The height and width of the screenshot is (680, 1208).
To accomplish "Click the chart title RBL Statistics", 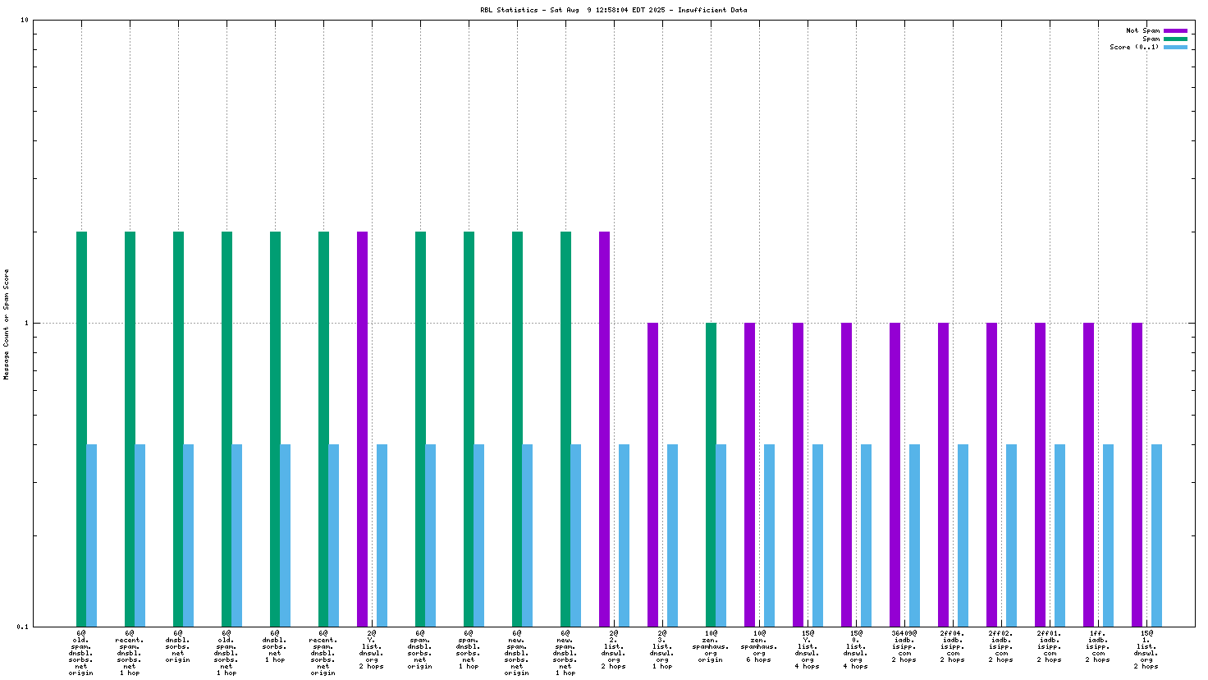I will coord(614,11).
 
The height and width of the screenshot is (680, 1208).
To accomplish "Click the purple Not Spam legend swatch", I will coord(1175,30).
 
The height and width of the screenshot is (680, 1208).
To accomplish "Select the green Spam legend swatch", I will coord(1175,39).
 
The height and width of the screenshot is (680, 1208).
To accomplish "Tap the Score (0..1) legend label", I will coord(1134,47).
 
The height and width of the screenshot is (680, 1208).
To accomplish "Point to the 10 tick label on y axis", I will coord(24,20).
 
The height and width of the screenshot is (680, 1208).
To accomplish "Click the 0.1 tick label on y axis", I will coord(22,627).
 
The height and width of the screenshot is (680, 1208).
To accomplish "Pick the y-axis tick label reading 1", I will coord(25,323).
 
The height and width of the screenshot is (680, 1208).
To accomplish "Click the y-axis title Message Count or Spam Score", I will coord(7,324).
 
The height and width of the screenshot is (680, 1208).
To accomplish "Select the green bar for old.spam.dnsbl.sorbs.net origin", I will coord(81,429).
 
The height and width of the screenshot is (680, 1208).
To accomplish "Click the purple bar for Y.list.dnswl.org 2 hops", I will coord(362,429).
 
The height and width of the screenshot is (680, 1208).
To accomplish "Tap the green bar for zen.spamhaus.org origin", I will coord(711,475).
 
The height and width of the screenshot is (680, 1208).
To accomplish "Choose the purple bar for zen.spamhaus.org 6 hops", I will coord(749,475).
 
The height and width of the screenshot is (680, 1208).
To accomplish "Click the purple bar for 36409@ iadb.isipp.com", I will coord(895,475).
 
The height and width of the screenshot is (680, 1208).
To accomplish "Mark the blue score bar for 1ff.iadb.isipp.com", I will coord(1108,535).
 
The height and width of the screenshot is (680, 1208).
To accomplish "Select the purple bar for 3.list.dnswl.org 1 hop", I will coord(652,475).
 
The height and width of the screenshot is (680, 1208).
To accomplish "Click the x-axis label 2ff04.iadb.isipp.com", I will coord(952,646).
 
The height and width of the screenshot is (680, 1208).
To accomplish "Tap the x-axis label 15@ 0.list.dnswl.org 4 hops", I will coord(856,650).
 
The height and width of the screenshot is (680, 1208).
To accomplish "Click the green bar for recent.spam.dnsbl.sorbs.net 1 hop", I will coord(130,429).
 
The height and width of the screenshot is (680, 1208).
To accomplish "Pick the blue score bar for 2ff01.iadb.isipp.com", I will coord(1059,535).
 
